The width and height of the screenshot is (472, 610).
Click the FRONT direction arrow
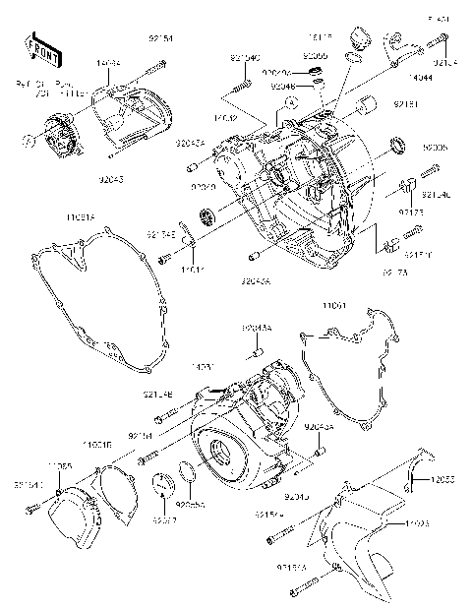pyautogui.click(x=38, y=48)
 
